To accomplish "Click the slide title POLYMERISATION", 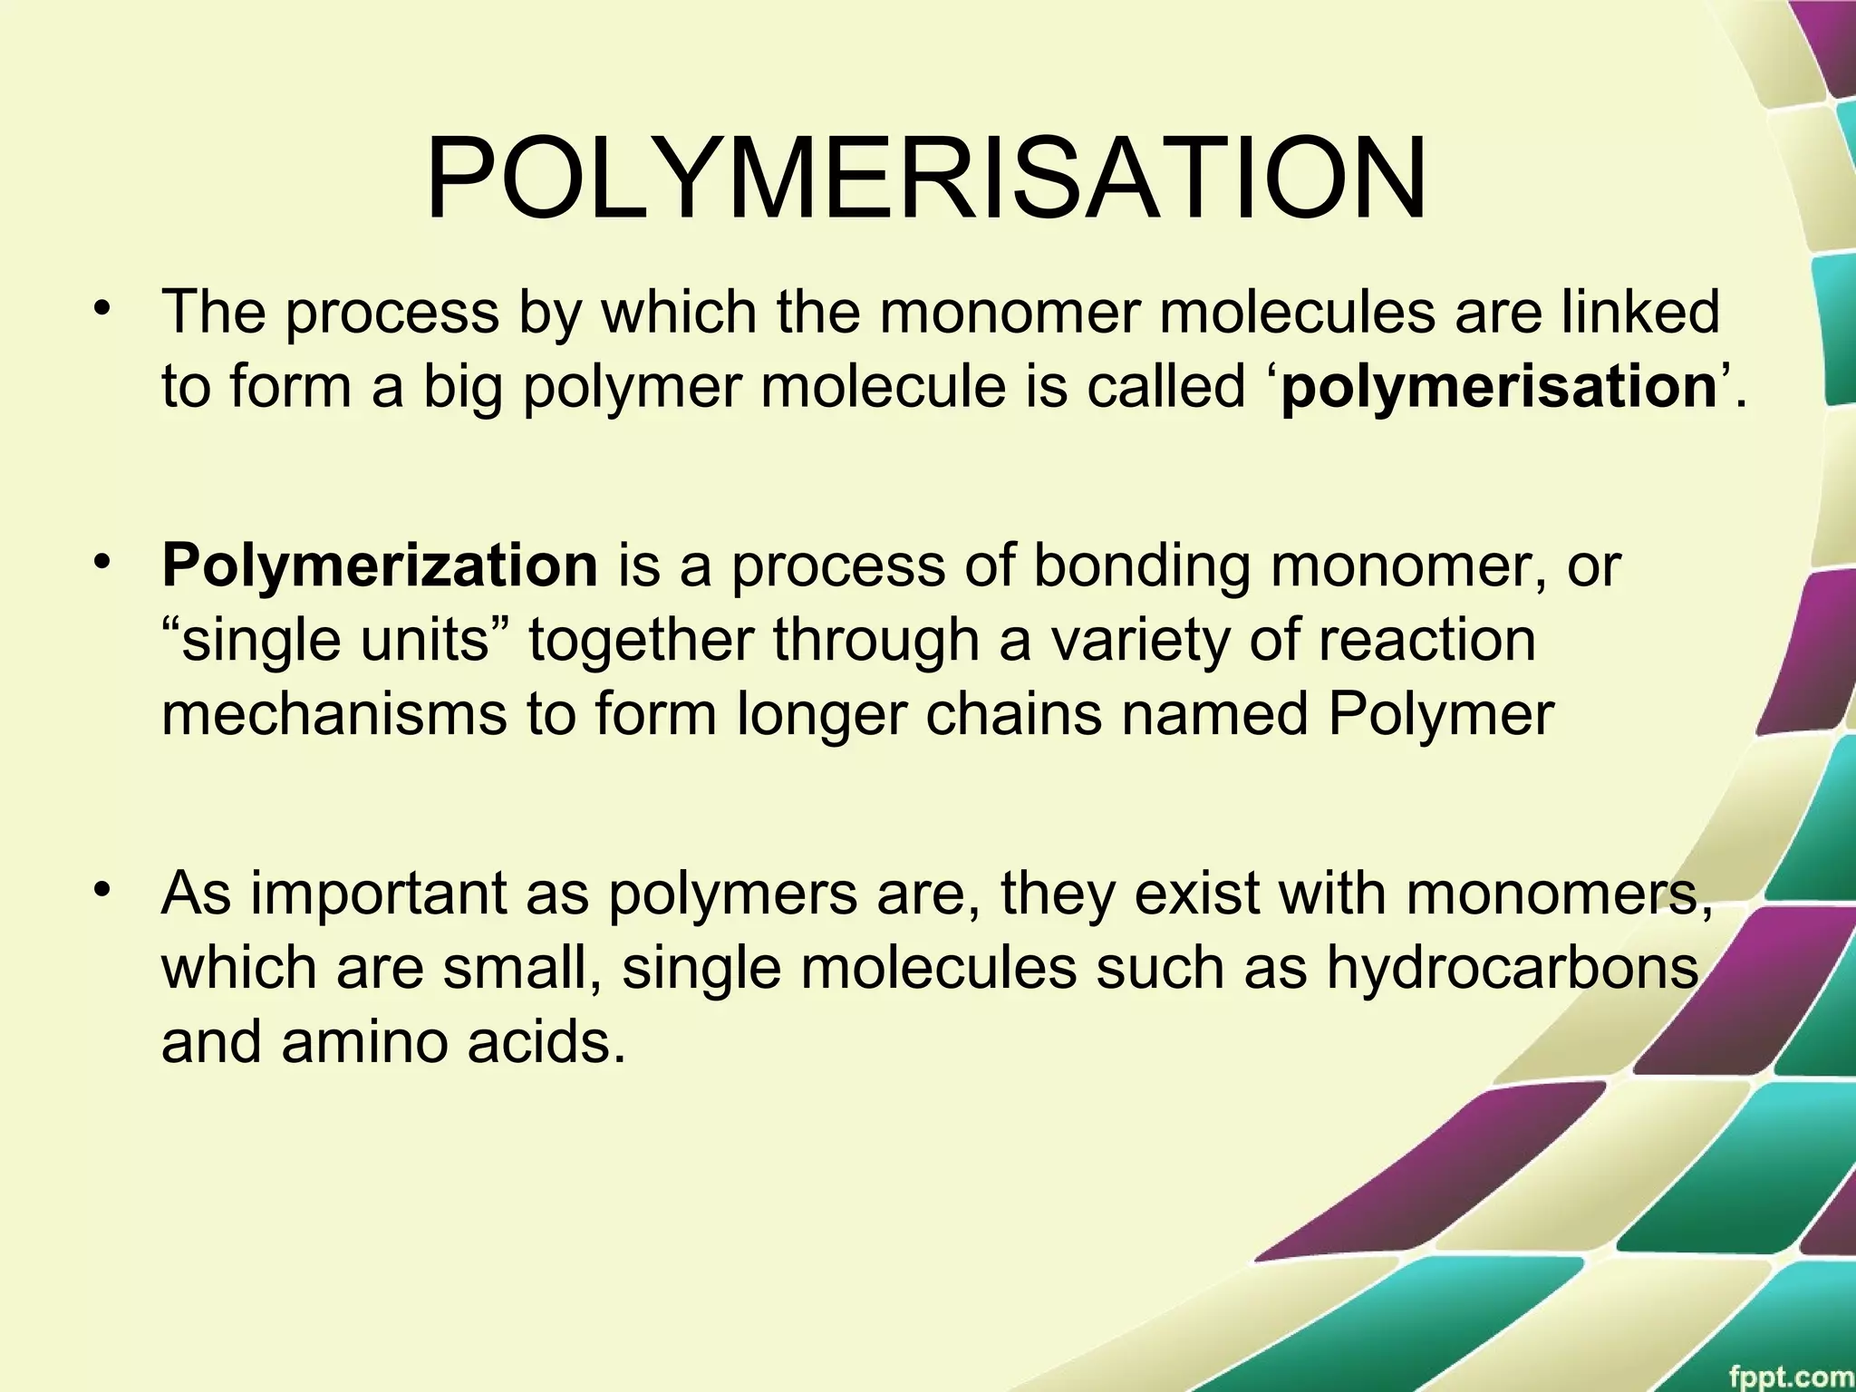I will tap(925, 179).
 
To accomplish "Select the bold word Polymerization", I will tap(379, 565).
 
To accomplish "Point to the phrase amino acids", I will tap(453, 1042).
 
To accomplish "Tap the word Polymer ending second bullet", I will tap(1440, 715).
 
